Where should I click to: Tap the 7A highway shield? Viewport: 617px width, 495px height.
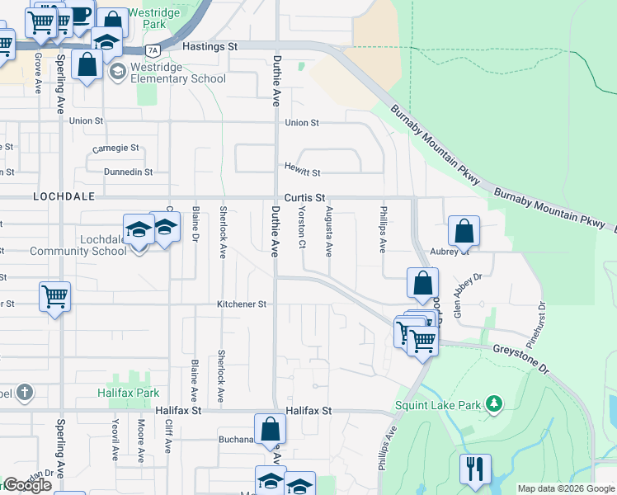[x=152, y=50]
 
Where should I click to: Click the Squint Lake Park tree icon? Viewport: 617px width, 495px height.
[x=493, y=403]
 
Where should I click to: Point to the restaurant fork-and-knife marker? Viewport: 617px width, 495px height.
[x=474, y=469]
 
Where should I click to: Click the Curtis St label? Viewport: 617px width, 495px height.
[x=304, y=198]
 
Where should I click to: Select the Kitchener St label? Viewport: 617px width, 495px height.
[x=241, y=304]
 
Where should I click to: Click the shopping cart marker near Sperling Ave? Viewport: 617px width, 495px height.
[x=54, y=296]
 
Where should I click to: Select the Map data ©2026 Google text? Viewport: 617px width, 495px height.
[x=566, y=488]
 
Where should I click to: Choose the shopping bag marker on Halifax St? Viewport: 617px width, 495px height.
[x=270, y=429]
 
